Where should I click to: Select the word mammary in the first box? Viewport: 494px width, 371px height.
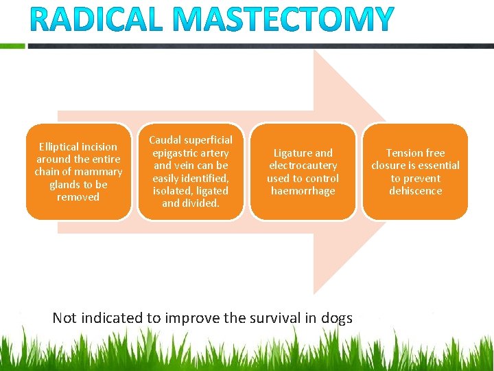99,172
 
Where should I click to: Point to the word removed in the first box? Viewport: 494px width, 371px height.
78,197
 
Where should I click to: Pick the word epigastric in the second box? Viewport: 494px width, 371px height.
177,153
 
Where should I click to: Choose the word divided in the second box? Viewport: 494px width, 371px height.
200,203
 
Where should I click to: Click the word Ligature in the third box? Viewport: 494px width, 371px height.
292,153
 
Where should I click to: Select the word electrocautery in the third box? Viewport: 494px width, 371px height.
303,166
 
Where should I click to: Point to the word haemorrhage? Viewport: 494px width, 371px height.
303,191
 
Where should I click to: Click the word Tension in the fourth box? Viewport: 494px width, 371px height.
405,153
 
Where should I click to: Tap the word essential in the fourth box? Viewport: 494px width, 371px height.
436,166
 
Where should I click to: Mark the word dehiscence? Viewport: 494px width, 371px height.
415,191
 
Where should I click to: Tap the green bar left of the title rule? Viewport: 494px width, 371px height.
12,47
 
